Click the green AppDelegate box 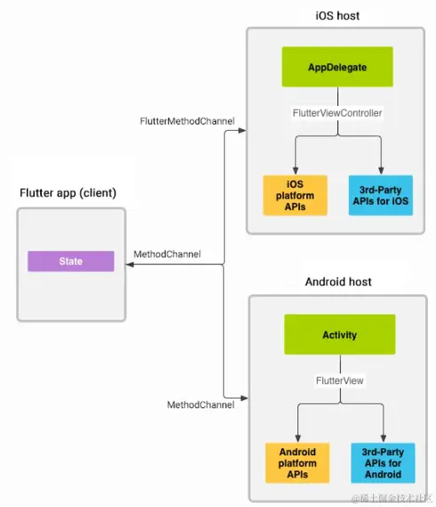tap(337, 67)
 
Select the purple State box tap(71, 262)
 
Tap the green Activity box tap(340, 334)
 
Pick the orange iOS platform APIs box tap(295, 196)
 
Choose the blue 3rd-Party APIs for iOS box tap(381, 196)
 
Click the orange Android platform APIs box tap(297, 463)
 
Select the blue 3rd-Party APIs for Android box tap(383, 463)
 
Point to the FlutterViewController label tap(337, 113)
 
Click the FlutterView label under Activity tap(340, 381)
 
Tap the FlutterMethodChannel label tap(187, 121)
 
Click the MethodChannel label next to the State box tap(167, 254)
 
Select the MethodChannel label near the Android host tap(201, 405)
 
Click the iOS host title tap(337, 15)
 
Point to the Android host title tap(338, 282)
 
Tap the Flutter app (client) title tap(68, 193)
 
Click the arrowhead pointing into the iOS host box tap(242, 130)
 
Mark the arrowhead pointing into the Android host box tap(244, 398)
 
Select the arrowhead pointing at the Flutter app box tap(130, 265)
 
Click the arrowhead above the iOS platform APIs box tap(296, 171)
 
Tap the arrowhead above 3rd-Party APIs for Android tap(384, 439)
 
